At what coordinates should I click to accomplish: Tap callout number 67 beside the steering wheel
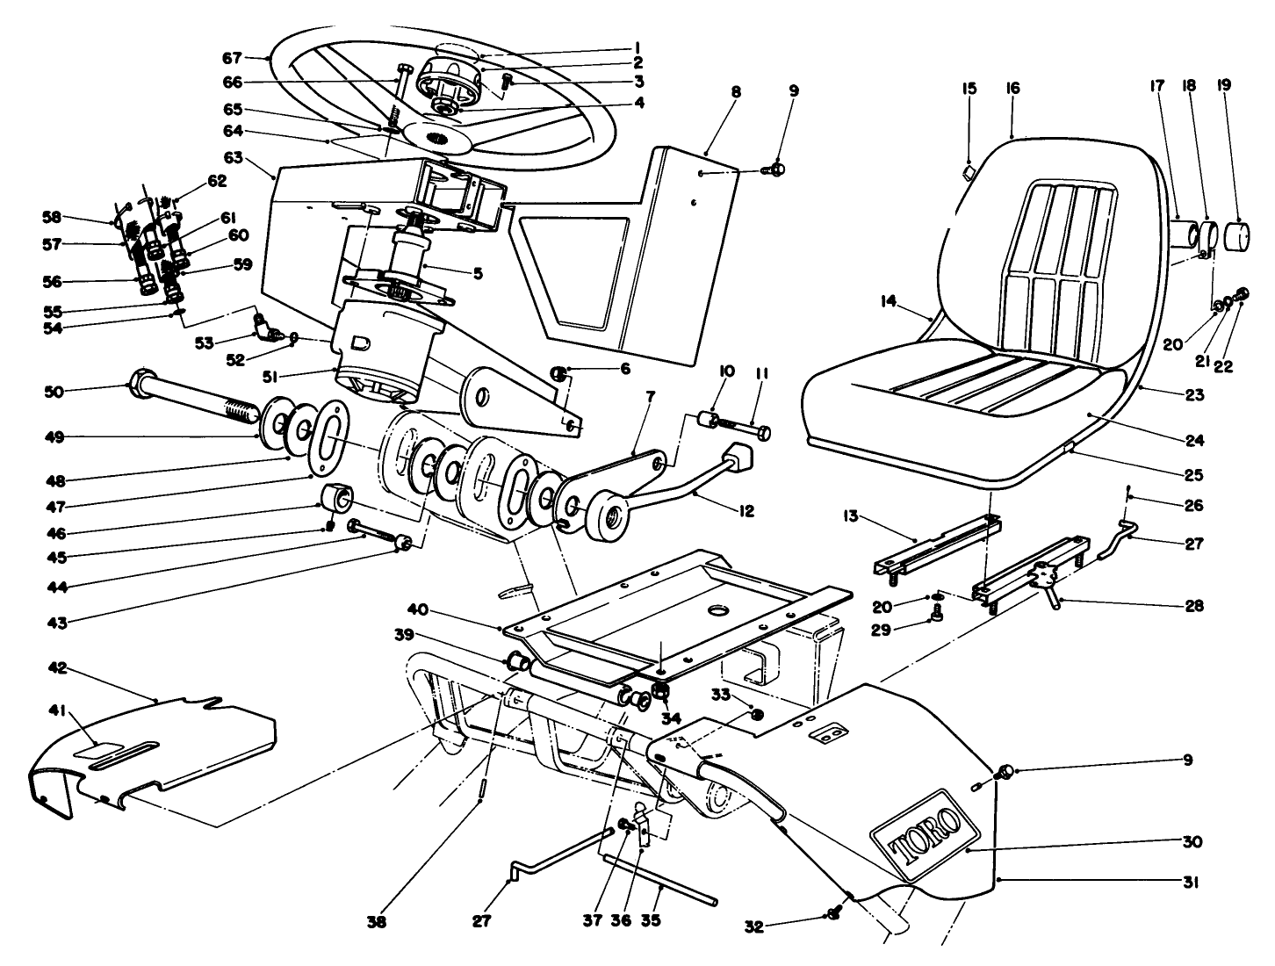tap(231, 58)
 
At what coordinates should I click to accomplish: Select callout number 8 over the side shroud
tap(736, 90)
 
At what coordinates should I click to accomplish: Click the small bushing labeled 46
tap(337, 499)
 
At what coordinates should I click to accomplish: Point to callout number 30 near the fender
tap(1192, 840)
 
